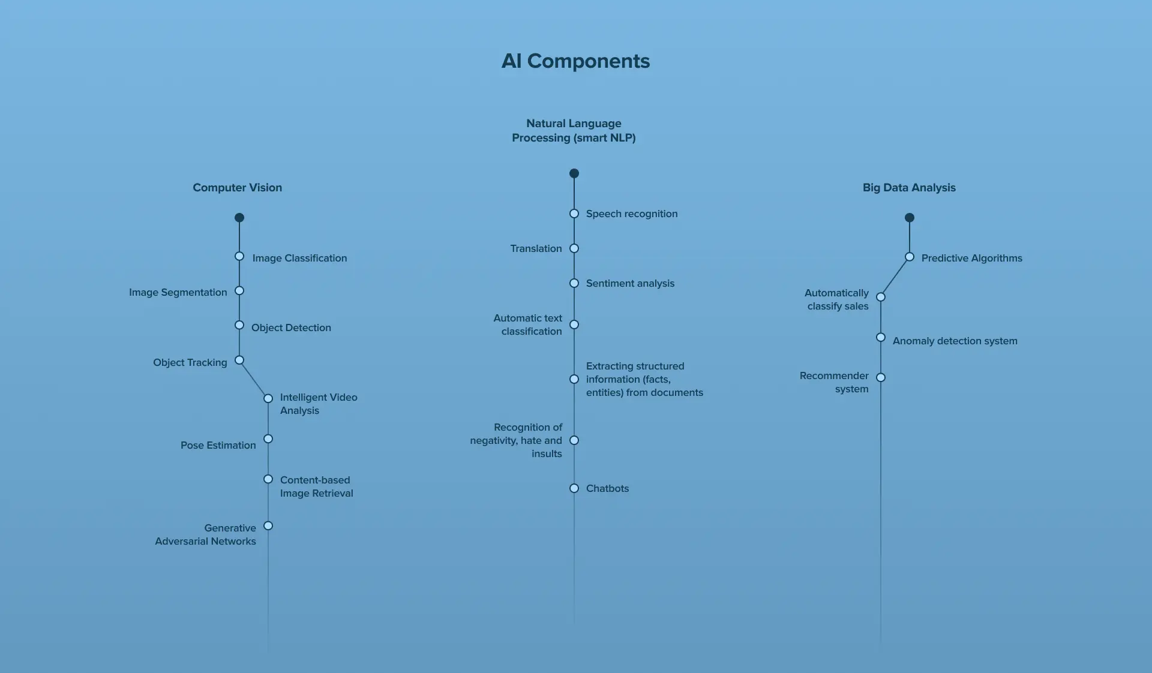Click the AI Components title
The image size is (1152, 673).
coord(575,61)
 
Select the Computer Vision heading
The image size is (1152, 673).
coord(237,188)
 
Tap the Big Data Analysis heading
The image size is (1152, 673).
coord(909,188)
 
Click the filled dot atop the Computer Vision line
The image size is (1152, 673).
coord(239,218)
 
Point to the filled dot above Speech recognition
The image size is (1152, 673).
coord(574,173)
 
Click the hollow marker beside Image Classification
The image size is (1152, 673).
coord(239,257)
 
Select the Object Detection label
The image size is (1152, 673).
coord(291,328)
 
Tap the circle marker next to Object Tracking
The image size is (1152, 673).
coord(239,360)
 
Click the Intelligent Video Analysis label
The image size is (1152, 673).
coord(318,404)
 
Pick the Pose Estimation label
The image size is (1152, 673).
coord(218,445)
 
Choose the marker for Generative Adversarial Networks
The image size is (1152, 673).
coord(268,526)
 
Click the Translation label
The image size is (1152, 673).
coord(536,248)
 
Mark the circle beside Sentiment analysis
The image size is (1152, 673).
coord(574,283)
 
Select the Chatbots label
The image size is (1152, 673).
coord(607,488)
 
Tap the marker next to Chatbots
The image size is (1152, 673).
coord(574,488)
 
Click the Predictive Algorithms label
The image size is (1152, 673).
coord(971,258)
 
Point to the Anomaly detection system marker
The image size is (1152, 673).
coord(881,338)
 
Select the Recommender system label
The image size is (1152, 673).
coord(835,382)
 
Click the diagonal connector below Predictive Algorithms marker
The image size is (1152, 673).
coord(895,277)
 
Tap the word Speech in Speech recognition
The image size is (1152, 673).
coord(602,214)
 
